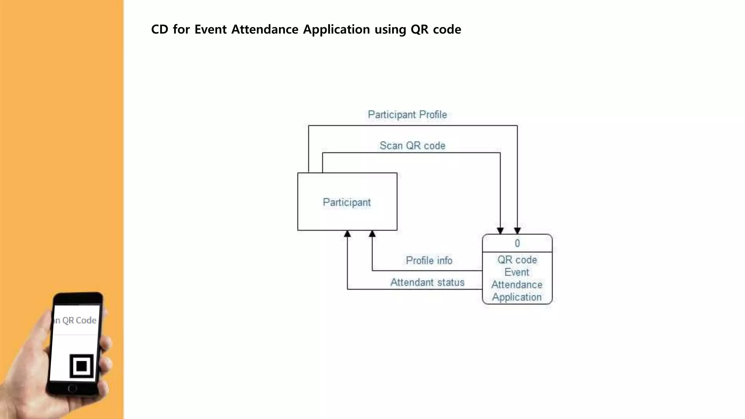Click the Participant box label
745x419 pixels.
click(x=347, y=202)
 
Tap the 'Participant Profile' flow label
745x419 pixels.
click(x=407, y=115)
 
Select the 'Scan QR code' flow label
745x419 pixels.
click(x=412, y=146)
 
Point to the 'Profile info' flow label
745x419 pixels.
click(x=429, y=260)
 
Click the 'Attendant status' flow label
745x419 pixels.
click(x=427, y=282)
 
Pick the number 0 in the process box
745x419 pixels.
click(x=517, y=243)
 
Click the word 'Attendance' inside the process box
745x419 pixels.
click(x=517, y=284)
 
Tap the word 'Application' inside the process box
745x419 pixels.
click(x=517, y=297)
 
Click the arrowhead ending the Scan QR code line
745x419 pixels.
click(x=500, y=231)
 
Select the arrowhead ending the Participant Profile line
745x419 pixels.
click(x=517, y=231)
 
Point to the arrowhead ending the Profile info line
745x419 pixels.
click(x=372, y=234)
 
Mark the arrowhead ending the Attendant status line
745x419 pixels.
click(x=347, y=234)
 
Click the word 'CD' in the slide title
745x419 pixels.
click(x=159, y=29)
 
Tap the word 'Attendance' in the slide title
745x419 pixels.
click(x=265, y=29)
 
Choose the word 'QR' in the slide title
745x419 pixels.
click(x=419, y=29)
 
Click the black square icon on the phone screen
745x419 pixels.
click(x=81, y=366)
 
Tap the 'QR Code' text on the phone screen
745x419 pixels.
click(x=79, y=320)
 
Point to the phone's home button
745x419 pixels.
click(x=72, y=388)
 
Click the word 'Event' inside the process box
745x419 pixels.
click(x=517, y=272)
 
